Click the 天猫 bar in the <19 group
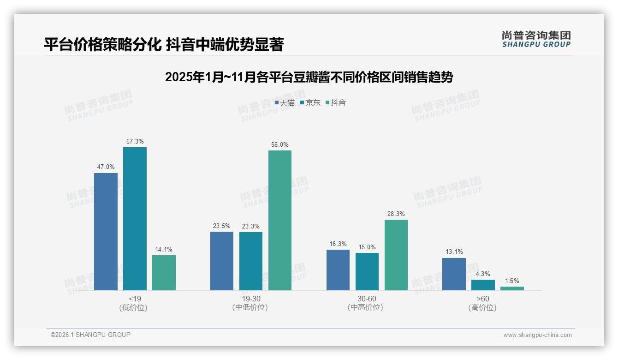point(106,232)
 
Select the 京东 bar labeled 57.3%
point(135,219)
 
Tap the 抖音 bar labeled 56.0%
point(280,220)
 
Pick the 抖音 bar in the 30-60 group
point(396,255)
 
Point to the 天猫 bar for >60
point(454,274)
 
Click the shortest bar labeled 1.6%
point(512,288)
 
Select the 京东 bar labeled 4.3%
point(483,285)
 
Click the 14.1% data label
point(164,250)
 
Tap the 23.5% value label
point(222,226)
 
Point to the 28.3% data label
point(396,214)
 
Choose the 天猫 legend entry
point(285,103)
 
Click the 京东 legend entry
point(310,103)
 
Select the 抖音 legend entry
point(336,103)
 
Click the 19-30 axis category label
point(251,299)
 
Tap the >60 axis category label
point(483,299)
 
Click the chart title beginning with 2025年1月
point(309,77)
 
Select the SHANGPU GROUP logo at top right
point(536,39)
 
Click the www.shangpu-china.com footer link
point(537,335)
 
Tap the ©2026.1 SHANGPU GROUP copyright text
point(90,335)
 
